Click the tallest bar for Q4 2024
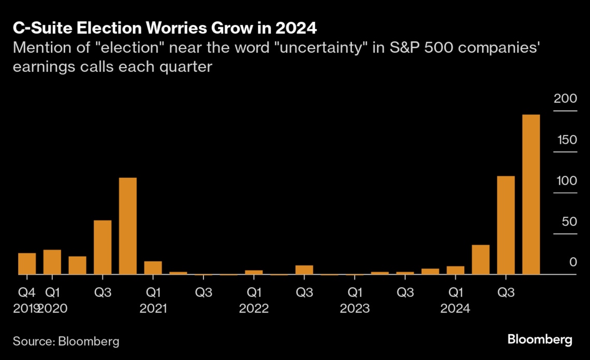(531, 194)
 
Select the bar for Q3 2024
(506, 226)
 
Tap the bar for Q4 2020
(128, 226)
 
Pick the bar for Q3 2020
(102, 247)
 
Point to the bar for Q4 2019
(27, 264)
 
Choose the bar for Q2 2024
(480, 260)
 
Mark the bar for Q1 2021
(153, 268)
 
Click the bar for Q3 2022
(304, 270)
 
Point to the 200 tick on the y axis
(565, 99)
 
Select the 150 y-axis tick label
(565, 140)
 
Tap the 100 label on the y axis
(565, 181)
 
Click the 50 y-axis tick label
(568, 222)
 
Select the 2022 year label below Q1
(254, 309)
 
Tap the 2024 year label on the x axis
(455, 309)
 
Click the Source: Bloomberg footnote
(66, 341)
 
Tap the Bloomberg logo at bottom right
(540, 340)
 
